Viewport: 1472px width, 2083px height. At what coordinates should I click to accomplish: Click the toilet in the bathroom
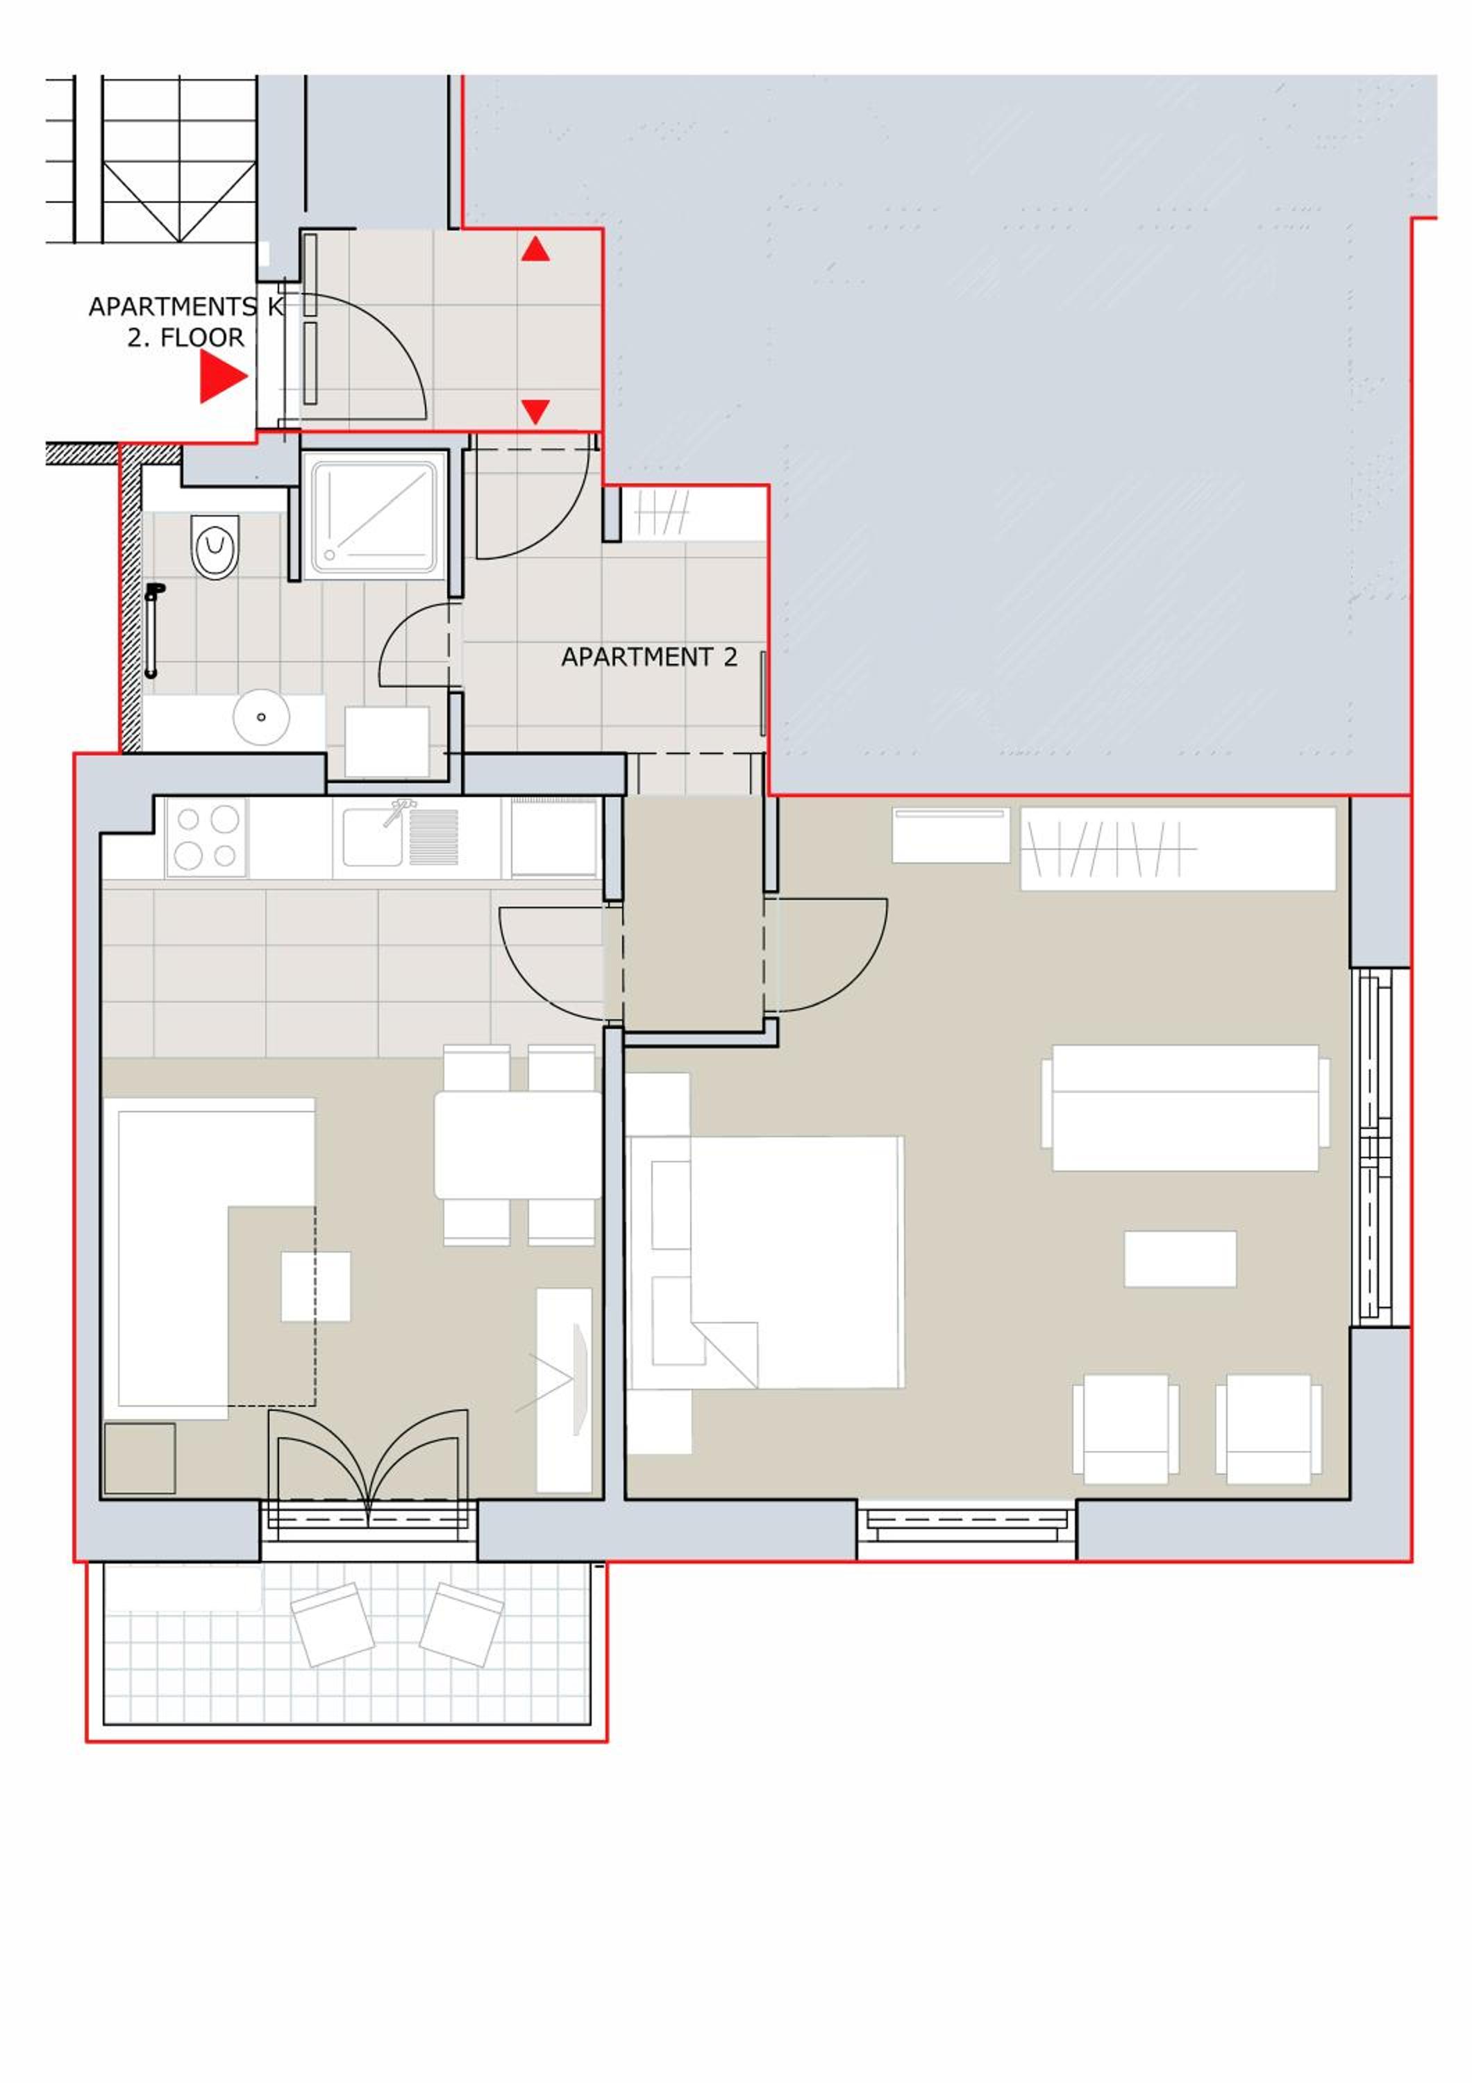tap(215, 547)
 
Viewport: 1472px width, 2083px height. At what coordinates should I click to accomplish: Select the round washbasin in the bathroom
tap(261, 717)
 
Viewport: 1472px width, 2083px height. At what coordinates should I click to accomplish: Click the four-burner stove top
tap(206, 837)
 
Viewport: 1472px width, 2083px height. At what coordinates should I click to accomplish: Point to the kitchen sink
tap(399, 835)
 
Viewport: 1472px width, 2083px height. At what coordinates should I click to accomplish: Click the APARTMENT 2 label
tap(649, 657)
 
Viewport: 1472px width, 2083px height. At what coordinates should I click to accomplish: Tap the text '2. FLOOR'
tap(185, 338)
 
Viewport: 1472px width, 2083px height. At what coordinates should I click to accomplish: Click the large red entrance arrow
tap(223, 376)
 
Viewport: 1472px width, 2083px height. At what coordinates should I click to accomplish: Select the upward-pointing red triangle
tap(535, 249)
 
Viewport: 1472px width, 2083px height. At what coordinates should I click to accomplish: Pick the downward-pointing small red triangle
tap(535, 411)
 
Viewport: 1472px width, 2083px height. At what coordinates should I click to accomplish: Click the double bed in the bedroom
tap(767, 1262)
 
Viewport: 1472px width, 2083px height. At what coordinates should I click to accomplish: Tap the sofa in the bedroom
tap(1185, 1107)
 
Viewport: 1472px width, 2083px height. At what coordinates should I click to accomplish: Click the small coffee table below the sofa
tap(1180, 1258)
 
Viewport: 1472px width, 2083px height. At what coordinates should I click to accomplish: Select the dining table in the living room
tap(518, 1145)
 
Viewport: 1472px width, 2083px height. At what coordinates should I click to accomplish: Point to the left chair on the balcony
tap(332, 1625)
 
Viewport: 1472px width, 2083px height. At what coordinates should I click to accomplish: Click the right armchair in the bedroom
tap(1268, 1429)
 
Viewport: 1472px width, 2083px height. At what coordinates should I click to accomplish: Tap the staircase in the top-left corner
tap(151, 159)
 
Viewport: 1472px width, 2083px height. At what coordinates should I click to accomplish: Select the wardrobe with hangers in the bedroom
tap(1177, 848)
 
